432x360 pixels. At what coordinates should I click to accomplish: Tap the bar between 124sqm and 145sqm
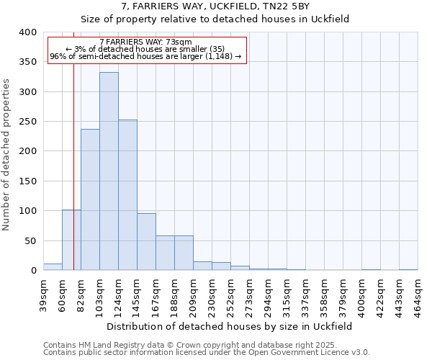[127, 195]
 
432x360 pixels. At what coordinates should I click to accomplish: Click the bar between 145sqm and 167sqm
[146, 242]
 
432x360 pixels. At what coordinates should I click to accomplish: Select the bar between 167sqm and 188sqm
[165, 253]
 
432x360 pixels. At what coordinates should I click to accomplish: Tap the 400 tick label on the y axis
[27, 32]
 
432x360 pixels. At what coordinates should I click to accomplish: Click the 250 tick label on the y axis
[27, 122]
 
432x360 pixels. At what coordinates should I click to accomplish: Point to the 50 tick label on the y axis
[30, 240]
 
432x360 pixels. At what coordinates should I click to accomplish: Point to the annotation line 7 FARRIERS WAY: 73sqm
[145, 42]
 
